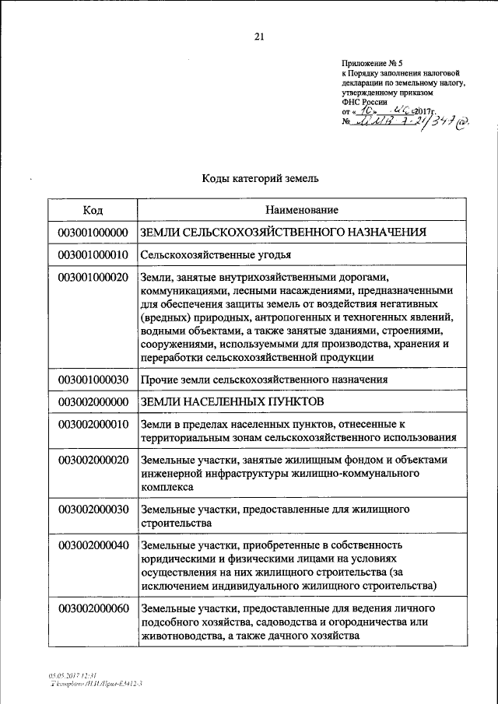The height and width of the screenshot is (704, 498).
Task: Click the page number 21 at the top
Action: click(259, 36)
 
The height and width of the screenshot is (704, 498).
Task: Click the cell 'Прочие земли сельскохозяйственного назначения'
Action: click(264, 379)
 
